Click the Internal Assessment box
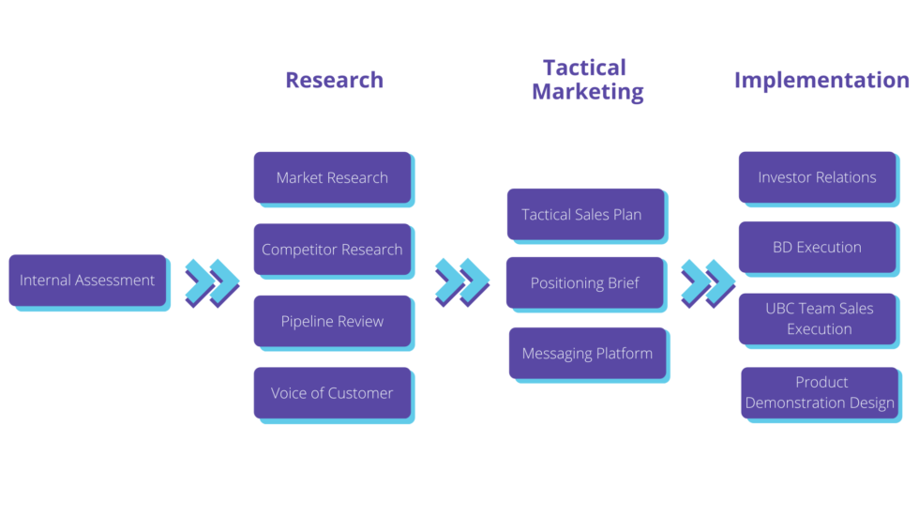pyautogui.click(x=87, y=280)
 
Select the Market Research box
pyautogui.click(x=332, y=177)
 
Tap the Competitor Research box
pyautogui.click(x=332, y=250)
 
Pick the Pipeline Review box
pyautogui.click(x=332, y=321)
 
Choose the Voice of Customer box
pyautogui.click(x=332, y=393)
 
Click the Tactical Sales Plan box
pyautogui.click(x=585, y=215)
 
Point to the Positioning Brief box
pyautogui.click(x=585, y=282)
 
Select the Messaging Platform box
pyautogui.click(x=587, y=354)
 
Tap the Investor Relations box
pyautogui.click(x=817, y=177)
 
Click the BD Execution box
pyautogui.click(x=817, y=248)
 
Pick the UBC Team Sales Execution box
pyautogui.click(x=818, y=319)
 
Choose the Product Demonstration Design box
pyautogui.click(x=820, y=393)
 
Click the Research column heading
pyautogui.click(x=334, y=80)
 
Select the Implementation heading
pyautogui.click(x=821, y=80)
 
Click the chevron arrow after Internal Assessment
pyautogui.click(x=212, y=282)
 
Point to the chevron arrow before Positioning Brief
pyautogui.click(x=462, y=281)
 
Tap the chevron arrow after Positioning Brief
pyautogui.click(x=708, y=281)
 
